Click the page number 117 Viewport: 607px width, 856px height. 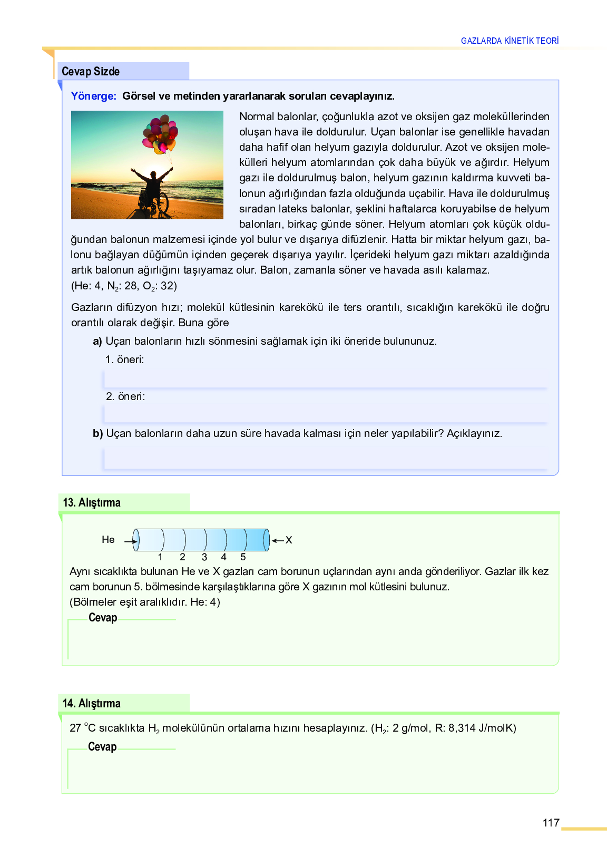pyautogui.click(x=551, y=823)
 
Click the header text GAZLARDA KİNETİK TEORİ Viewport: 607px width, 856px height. pyautogui.click(x=510, y=41)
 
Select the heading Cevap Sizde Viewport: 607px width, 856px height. pyautogui.click(x=91, y=72)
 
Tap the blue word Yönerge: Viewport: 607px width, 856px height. pyautogui.click(x=93, y=96)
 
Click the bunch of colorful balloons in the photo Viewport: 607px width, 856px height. pyautogui.click(x=160, y=135)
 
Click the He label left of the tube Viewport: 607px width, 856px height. pyautogui.click(x=108, y=540)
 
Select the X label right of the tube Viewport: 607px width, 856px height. pyautogui.click(x=289, y=540)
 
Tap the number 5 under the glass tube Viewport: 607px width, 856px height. pyautogui.click(x=243, y=557)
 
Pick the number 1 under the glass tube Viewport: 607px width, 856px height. pyautogui.click(x=160, y=557)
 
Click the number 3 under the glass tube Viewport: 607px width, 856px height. pyautogui.click(x=204, y=557)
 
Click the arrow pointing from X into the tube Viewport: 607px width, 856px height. pyautogui.click(x=278, y=540)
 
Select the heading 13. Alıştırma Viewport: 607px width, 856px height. pyautogui.click(x=92, y=503)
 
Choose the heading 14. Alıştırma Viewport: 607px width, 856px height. pyautogui.click(x=92, y=704)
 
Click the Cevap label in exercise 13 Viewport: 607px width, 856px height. pyautogui.click(x=103, y=618)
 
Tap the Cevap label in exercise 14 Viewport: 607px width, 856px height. pyautogui.click(x=102, y=747)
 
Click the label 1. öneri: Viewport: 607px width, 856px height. pyautogui.click(x=124, y=359)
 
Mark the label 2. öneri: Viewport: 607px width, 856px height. pyautogui.click(x=125, y=396)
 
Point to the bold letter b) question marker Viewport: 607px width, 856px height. pyautogui.click(x=98, y=434)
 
